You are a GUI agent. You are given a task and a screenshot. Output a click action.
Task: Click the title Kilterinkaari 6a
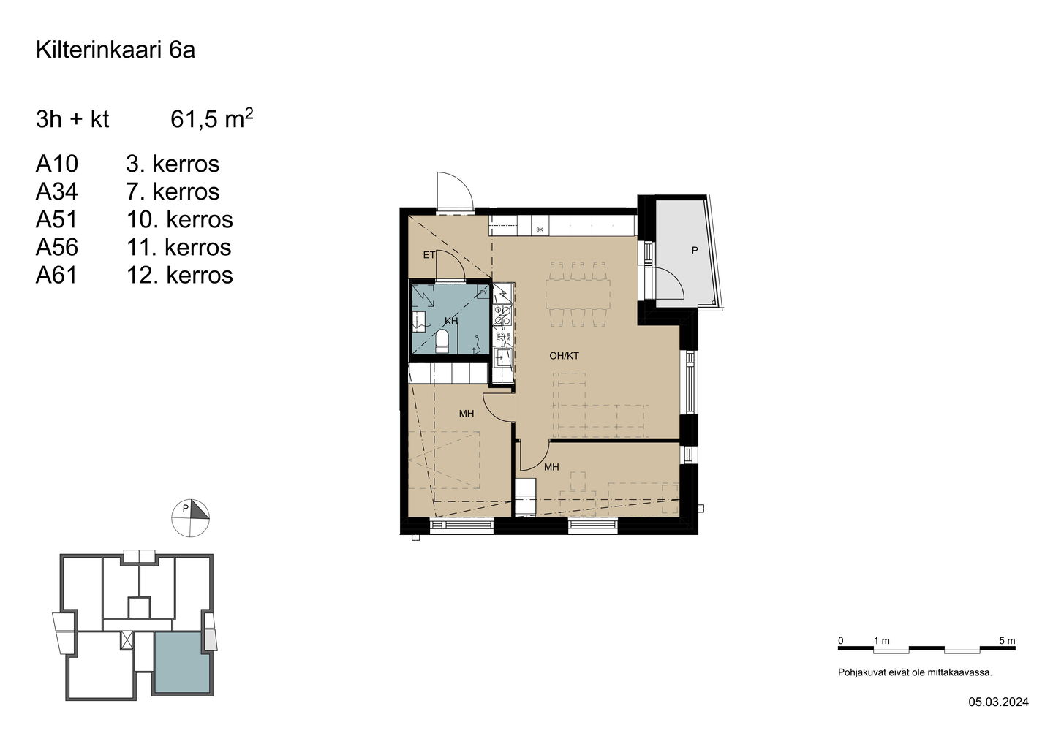pyautogui.click(x=116, y=50)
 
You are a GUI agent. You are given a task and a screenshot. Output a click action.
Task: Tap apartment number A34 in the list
pyautogui.click(x=57, y=191)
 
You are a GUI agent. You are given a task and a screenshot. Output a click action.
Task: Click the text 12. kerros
pyautogui.click(x=180, y=276)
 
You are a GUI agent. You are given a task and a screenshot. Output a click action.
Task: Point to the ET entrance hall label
pyautogui.click(x=429, y=255)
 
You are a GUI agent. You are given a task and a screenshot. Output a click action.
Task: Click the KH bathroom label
pyautogui.click(x=450, y=322)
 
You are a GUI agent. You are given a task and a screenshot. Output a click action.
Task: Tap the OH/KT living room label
pyautogui.click(x=564, y=356)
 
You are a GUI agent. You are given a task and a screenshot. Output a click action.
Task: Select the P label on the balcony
pyautogui.click(x=695, y=251)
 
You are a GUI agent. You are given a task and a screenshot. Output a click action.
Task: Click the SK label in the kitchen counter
pyautogui.click(x=539, y=229)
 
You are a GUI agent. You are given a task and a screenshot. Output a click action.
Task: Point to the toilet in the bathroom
pyautogui.click(x=442, y=341)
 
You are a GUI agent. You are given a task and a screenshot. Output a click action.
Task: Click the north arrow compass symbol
pyautogui.click(x=190, y=518)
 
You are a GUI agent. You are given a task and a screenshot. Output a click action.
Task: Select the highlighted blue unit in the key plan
pyautogui.click(x=182, y=662)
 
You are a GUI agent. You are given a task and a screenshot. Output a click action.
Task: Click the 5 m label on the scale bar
pyautogui.click(x=1007, y=641)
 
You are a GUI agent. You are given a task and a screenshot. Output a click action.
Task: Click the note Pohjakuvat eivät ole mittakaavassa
pyautogui.click(x=915, y=672)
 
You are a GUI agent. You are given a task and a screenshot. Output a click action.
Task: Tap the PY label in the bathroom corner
pyautogui.click(x=483, y=292)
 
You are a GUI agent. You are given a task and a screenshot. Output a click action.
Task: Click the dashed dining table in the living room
pyautogui.click(x=578, y=294)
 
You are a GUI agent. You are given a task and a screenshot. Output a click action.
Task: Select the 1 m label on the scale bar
pyautogui.click(x=881, y=641)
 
